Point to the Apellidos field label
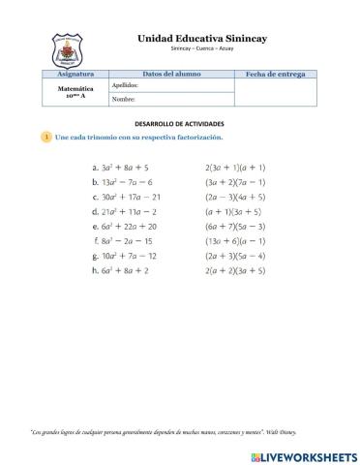coord(127,85)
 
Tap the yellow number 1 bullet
coord(46,138)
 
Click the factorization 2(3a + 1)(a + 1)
coord(235,167)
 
